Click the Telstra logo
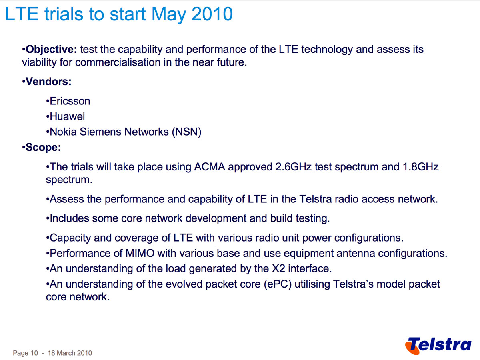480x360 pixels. pos(438,345)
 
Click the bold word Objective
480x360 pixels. pos(51,50)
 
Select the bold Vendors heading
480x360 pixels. pos(48,82)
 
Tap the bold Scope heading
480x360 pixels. pos(43,147)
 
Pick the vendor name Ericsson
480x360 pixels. pos(70,101)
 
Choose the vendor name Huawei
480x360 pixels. pos(67,116)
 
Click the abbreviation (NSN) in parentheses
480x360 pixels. pos(186,132)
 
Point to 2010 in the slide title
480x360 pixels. pos(212,14)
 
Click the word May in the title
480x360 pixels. pos(169,15)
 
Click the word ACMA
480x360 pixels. pos(210,167)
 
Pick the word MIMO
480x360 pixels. pos(140,253)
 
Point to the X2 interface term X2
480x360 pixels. pos(278,269)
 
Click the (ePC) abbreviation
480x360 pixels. pos(278,284)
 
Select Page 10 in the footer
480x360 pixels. pos(25,353)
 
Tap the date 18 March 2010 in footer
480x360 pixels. pos(70,353)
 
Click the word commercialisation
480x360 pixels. pos(118,62)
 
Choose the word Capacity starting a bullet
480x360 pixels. pos(70,238)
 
